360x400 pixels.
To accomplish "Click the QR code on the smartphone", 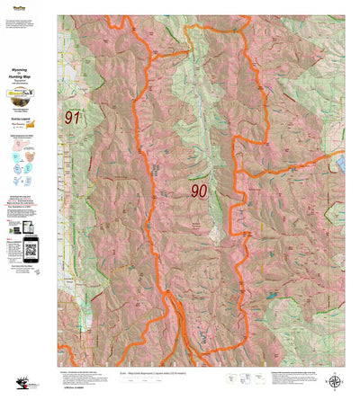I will [28, 250].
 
